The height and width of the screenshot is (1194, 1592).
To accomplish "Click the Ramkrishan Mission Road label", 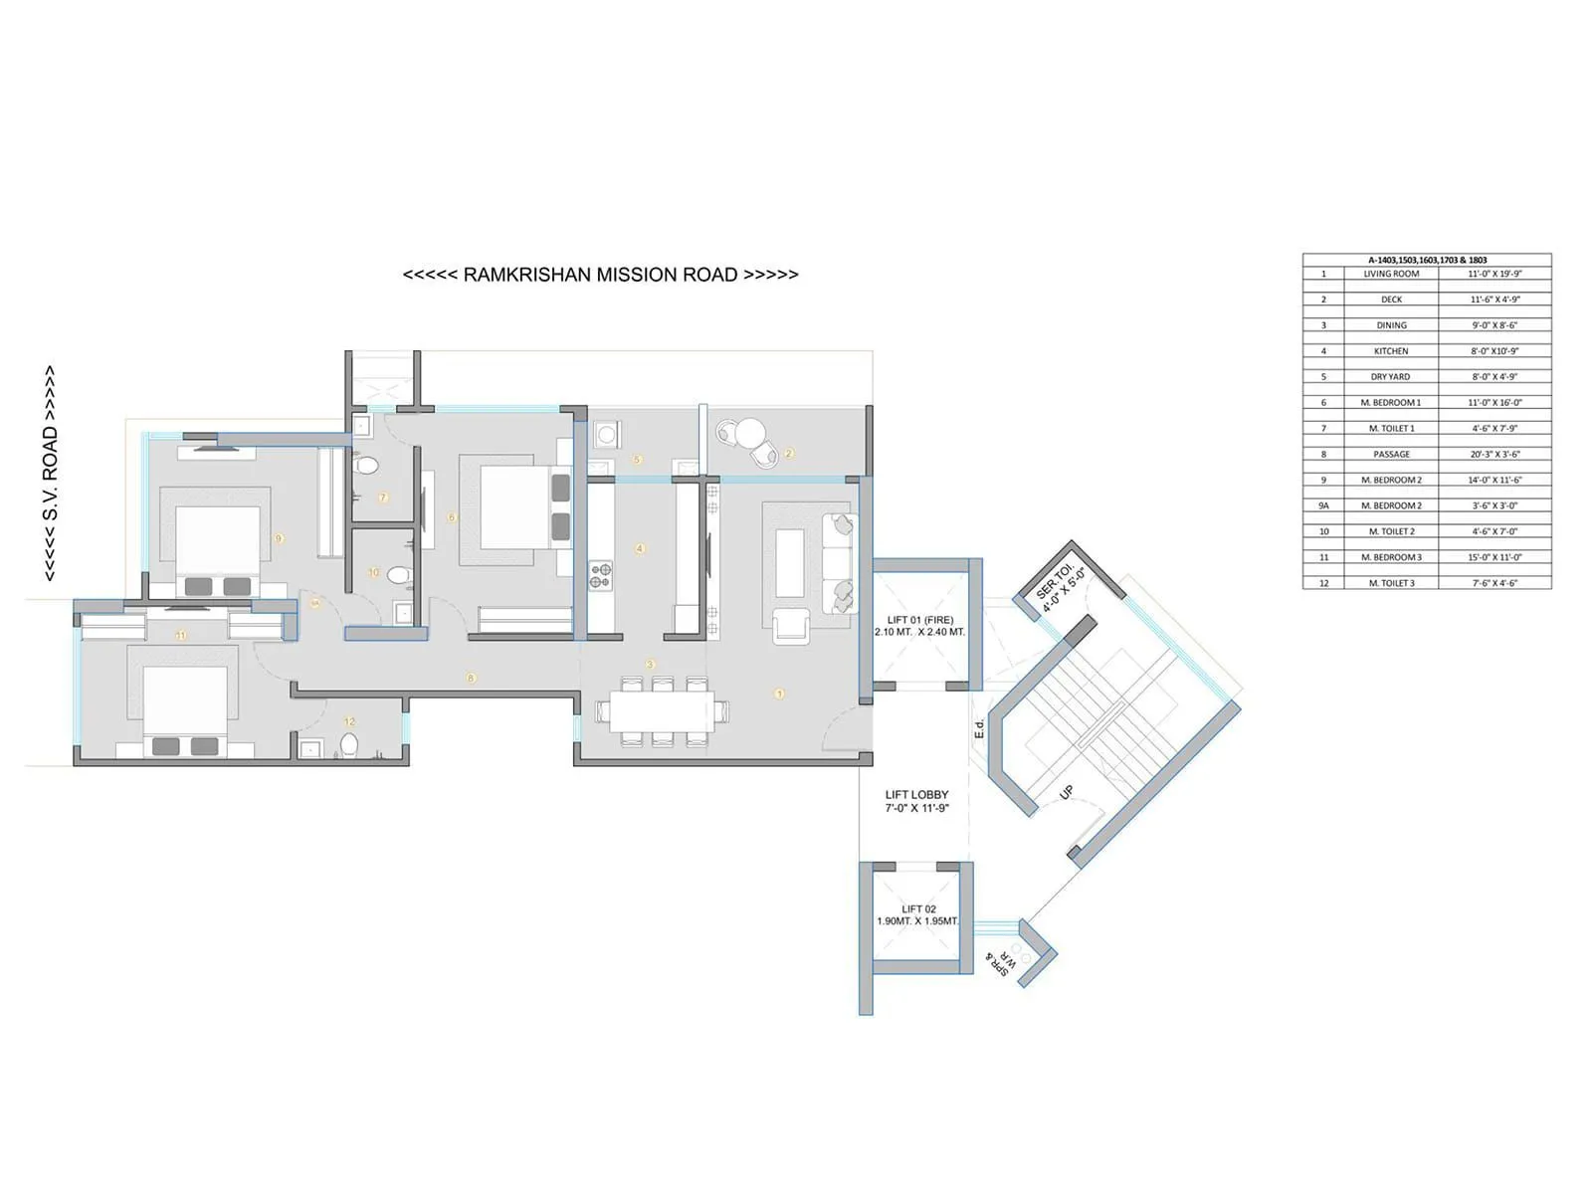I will (x=600, y=275).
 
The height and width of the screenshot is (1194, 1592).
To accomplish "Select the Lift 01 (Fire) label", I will (x=919, y=626).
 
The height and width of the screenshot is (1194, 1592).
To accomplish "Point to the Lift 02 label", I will (x=918, y=915).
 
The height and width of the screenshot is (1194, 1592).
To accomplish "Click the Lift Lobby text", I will (x=916, y=801).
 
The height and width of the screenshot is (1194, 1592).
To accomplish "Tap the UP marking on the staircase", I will (x=1067, y=792).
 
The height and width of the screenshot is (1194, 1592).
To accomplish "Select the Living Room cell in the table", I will (x=1391, y=274).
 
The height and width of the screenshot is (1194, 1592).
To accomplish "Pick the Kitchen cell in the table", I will (x=1391, y=351).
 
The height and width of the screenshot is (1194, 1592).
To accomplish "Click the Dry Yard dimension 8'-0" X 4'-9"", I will (x=1494, y=377).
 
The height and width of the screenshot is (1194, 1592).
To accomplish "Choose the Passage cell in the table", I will (x=1391, y=455).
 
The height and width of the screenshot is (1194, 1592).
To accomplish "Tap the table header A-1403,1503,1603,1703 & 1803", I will (x=1427, y=260).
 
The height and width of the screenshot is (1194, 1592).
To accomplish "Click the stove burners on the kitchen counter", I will (x=601, y=575).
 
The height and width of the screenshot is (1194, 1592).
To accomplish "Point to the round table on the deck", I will (x=748, y=434).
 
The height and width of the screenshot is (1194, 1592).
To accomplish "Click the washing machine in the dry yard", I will (x=605, y=434).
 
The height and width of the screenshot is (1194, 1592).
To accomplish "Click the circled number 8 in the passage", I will (x=471, y=678).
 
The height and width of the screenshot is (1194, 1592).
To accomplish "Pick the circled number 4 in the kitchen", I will (x=640, y=548).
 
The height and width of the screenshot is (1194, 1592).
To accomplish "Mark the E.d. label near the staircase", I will (x=980, y=728).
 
